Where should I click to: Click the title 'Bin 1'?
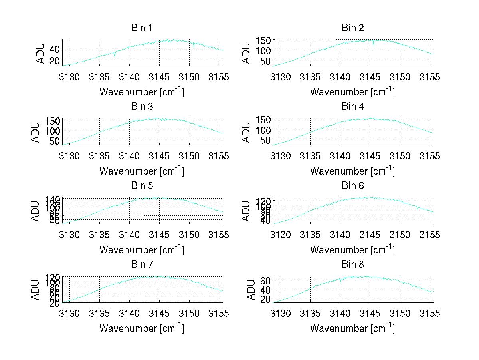click(142, 28)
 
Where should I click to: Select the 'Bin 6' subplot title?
click(353, 186)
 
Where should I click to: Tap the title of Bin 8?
click(353, 265)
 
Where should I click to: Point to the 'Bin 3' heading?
click(142, 107)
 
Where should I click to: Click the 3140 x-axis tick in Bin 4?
click(340, 156)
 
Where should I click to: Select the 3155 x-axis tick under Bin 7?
click(219, 314)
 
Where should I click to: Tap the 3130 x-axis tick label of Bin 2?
click(281, 77)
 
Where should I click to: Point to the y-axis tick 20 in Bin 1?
click(55, 60)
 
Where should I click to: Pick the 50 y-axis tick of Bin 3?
click(55, 141)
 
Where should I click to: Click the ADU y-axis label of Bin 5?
click(36, 211)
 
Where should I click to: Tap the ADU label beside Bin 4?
click(247, 132)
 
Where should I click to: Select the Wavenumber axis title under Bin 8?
click(352, 328)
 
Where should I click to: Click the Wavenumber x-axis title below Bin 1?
click(142, 92)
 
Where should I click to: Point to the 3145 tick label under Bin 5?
click(159, 235)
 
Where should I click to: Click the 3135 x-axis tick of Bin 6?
click(311, 235)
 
